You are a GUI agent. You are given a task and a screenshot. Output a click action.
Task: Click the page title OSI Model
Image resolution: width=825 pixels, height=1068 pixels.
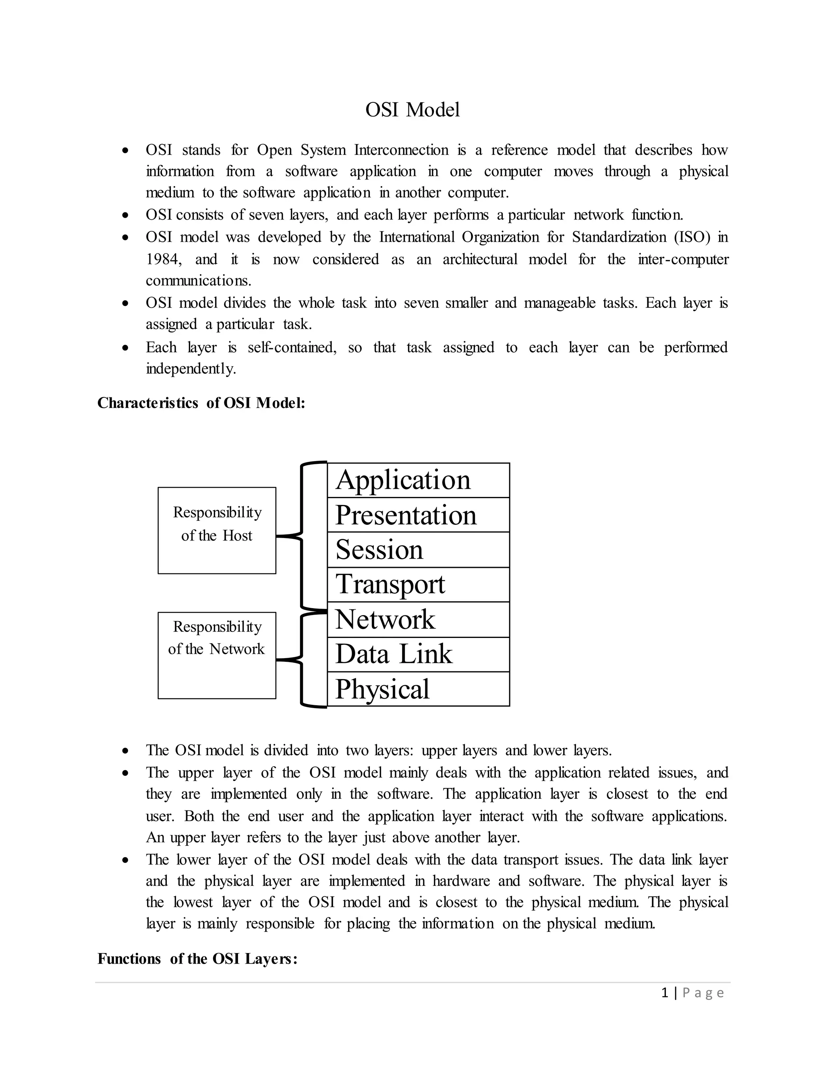(x=412, y=110)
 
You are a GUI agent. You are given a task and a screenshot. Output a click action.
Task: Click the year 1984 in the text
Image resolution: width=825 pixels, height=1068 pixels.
(x=163, y=259)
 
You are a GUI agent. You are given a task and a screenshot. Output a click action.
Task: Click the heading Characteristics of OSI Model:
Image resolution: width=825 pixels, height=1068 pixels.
(x=201, y=403)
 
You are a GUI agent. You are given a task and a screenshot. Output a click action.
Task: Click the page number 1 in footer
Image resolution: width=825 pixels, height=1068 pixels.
(x=664, y=993)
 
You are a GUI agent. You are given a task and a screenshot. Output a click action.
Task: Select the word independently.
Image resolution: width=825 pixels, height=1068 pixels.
(x=191, y=369)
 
